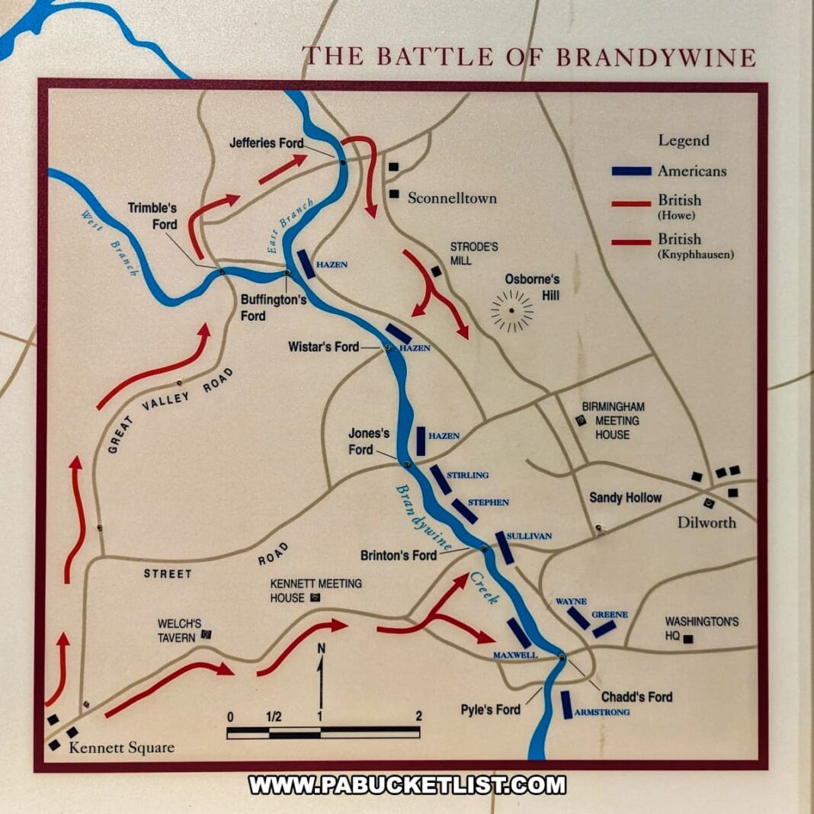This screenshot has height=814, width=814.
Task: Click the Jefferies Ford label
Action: coord(266,143)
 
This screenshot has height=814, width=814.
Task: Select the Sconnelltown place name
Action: coord(452,198)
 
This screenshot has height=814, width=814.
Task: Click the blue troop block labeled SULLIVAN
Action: coord(505,547)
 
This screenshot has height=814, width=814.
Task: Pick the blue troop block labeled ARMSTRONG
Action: coord(566,705)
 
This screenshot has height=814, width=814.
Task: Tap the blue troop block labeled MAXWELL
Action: coord(519,633)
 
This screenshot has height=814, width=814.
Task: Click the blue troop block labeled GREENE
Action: coord(604,629)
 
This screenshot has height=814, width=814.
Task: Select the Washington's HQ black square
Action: coord(689,639)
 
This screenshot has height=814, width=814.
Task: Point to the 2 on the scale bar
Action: coord(418,716)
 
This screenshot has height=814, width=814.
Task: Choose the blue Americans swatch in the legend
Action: coord(631,171)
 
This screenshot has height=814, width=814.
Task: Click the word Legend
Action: coord(684,140)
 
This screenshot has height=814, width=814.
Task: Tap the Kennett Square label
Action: coord(121,747)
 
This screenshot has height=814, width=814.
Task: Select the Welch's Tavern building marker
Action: coord(206,633)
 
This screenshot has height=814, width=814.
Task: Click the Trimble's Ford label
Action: coord(152,216)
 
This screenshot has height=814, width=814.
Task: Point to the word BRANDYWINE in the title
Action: coord(656,57)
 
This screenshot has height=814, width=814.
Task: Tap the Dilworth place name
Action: coord(707,523)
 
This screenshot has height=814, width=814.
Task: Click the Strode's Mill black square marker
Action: coord(436,271)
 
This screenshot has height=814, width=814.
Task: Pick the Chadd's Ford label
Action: coord(636,697)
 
